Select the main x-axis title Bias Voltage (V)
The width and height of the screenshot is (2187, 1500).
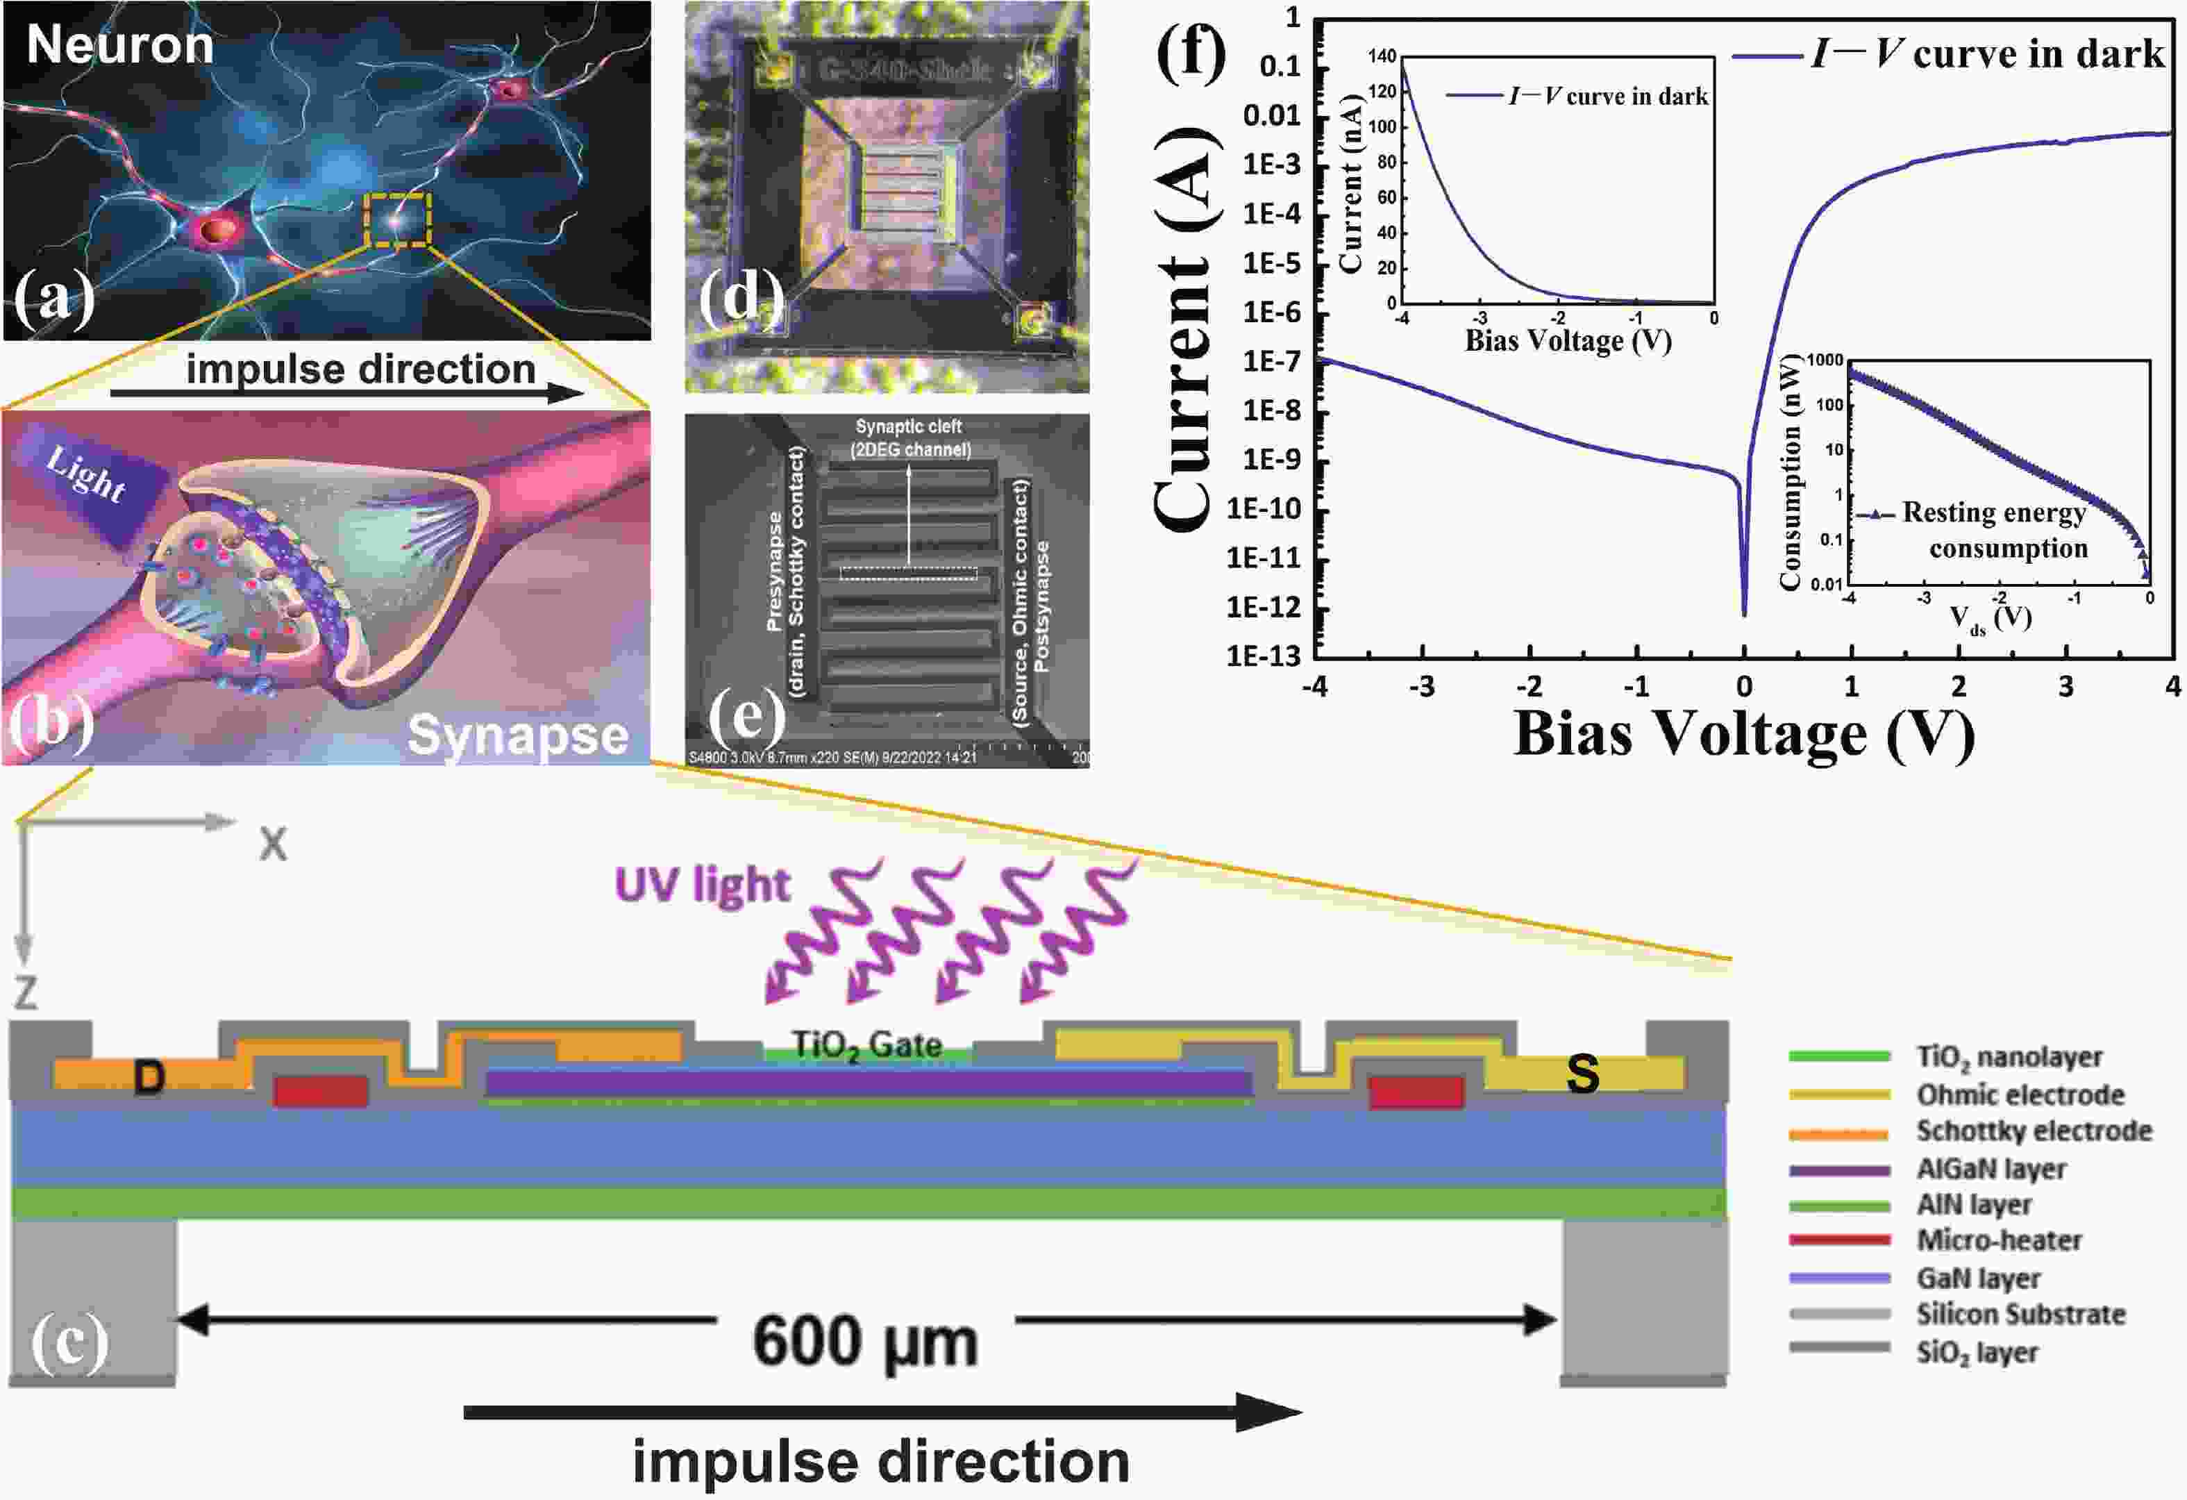click(x=1743, y=734)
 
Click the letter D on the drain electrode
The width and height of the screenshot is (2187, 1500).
click(x=149, y=1078)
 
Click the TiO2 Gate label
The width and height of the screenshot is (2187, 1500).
click(x=866, y=1044)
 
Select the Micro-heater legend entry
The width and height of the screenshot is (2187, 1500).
click(x=1998, y=1240)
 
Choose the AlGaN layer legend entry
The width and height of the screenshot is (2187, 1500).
click(x=1991, y=1169)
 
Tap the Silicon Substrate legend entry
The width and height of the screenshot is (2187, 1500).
click(x=2020, y=1314)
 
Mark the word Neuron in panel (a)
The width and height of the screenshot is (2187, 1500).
click(x=119, y=45)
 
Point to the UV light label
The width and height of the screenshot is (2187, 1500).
click(x=702, y=885)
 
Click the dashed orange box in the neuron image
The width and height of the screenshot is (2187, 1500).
click(x=397, y=219)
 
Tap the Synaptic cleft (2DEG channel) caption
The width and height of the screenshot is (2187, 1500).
click(x=909, y=438)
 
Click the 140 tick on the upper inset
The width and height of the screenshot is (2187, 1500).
click(x=1382, y=56)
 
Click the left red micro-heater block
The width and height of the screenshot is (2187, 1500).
click(x=320, y=1092)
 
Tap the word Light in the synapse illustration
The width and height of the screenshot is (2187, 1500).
click(x=85, y=474)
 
